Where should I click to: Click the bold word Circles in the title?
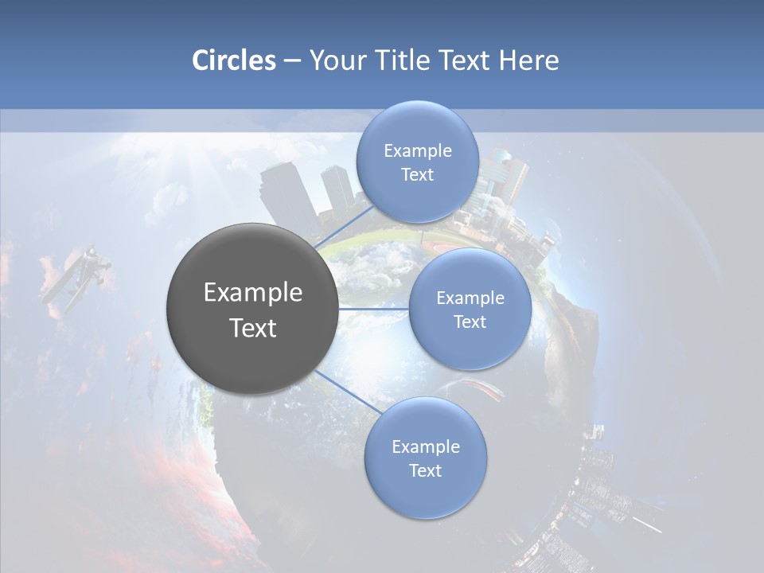pos(234,60)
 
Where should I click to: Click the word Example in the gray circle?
pos(253,293)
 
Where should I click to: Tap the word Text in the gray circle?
pos(253,328)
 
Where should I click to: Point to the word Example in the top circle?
pos(418,151)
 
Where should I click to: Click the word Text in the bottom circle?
pos(425,470)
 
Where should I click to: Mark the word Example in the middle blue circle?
pos(470,298)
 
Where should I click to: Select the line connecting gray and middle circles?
pos(373,309)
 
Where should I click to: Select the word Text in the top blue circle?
pos(417,175)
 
